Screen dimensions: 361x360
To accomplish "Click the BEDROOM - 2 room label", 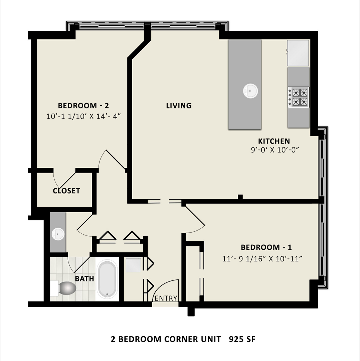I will (x=83, y=106).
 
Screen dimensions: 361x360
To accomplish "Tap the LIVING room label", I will (x=179, y=106).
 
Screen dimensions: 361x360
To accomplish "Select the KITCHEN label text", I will (x=274, y=141).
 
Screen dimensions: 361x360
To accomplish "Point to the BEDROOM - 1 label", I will (x=266, y=247).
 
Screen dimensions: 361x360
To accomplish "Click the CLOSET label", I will (x=66, y=191).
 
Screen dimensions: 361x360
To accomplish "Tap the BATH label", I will (x=84, y=278).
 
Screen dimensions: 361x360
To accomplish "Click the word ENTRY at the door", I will (x=166, y=298).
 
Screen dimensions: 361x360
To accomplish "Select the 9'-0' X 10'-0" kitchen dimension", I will (x=275, y=150).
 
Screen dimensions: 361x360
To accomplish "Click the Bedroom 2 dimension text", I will (x=83, y=116).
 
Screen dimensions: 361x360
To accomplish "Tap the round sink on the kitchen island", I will (x=250, y=91).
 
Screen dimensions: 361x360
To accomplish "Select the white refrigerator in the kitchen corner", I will (x=298, y=53).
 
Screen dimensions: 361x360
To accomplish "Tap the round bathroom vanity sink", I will (x=58, y=234).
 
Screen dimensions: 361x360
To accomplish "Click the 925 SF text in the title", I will (x=242, y=339).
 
